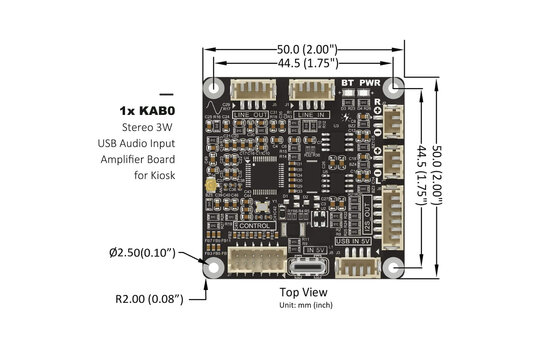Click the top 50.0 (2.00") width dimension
pos(306,49)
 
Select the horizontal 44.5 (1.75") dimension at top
pos(306,63)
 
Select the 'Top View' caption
pos(306,292)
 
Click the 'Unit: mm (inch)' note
pos(306,304)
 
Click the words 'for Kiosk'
pos(153,175)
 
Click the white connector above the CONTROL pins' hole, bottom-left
pos(253,259)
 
